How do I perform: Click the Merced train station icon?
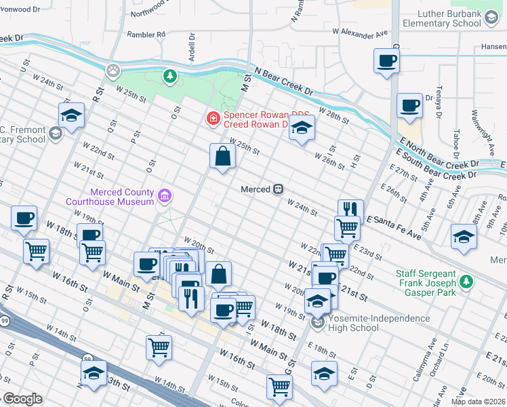coord(278,190)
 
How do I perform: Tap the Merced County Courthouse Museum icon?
coord(164,197)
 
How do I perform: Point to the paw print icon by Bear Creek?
coord(113,69)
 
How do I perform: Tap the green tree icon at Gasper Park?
coord(466,281)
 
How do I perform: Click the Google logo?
coord(22,399)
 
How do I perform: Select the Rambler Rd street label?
coord(146,34)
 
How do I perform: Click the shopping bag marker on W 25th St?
coord(222,157)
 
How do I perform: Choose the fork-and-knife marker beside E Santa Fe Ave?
coord(350,210)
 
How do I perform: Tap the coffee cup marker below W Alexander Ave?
coord(386,62)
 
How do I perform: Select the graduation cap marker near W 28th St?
coord(302,128)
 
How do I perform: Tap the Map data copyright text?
coord(478,402)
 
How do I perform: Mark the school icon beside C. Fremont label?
coord(55,133)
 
